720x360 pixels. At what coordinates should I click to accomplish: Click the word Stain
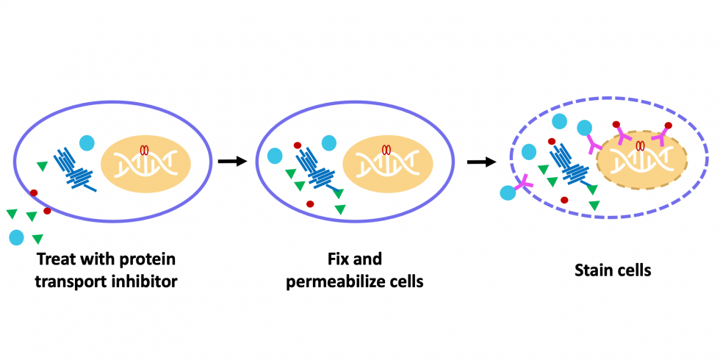click(593, 270)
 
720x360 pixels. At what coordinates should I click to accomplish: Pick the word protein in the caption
click(150, 259)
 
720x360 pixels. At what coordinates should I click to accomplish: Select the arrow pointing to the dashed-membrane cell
click(480, 161)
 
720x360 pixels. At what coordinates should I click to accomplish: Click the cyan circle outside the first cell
click(16, 237)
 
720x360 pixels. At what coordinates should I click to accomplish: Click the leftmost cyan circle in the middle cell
click(275, 156)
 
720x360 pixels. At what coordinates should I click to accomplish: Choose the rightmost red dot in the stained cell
click(668, 126)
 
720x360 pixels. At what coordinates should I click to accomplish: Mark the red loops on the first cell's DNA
click(144, 150)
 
